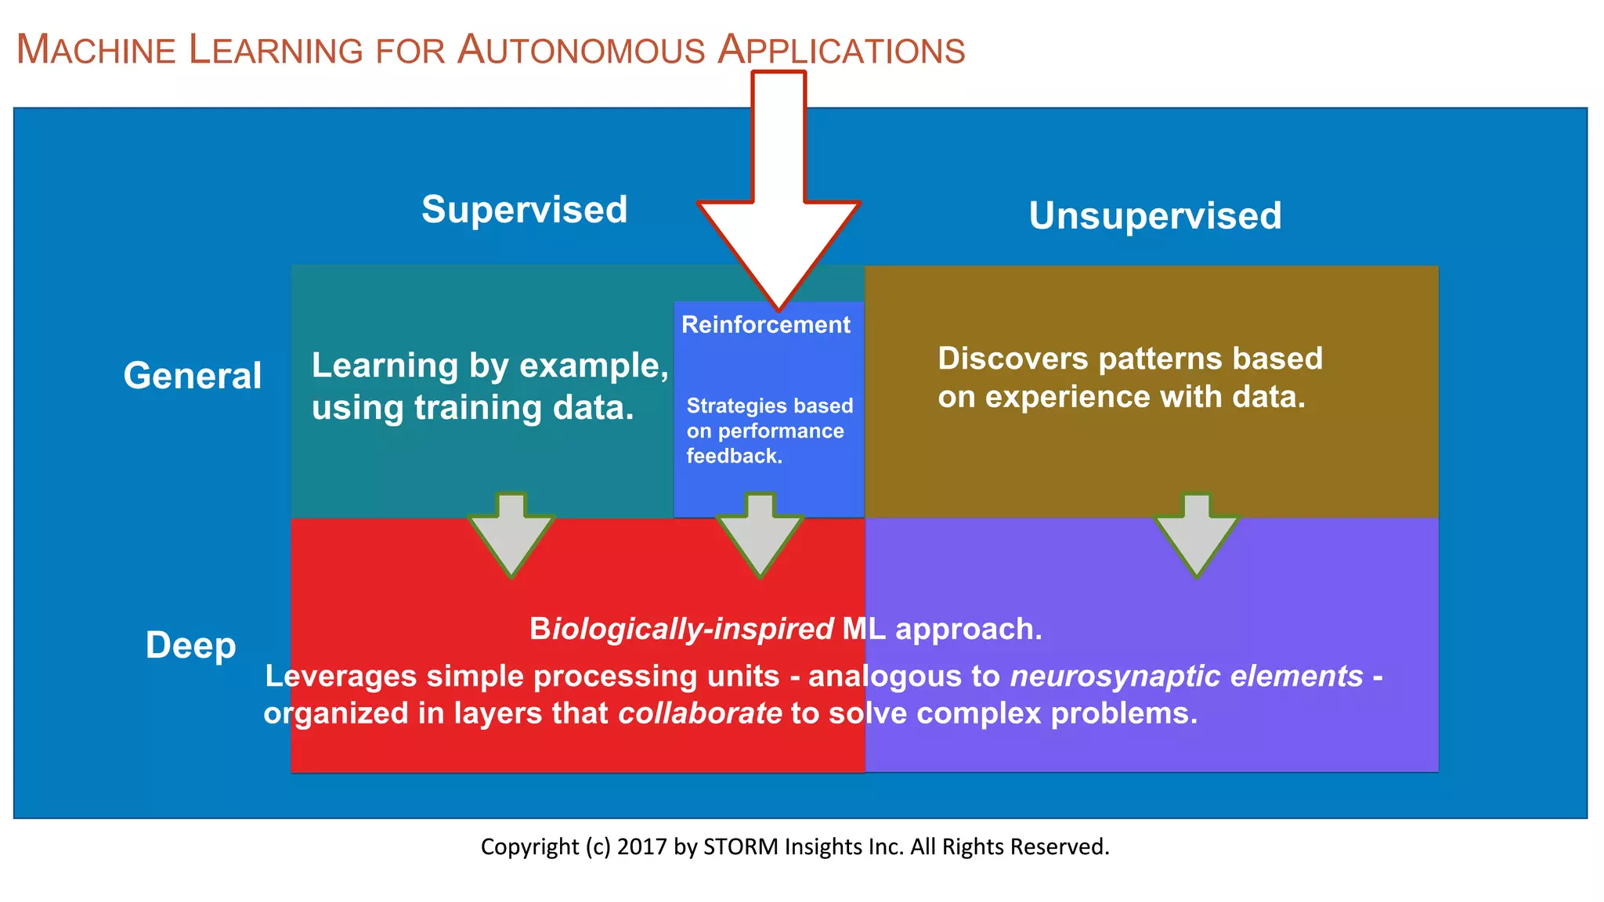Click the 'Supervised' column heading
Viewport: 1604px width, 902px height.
click(x=524, y=210)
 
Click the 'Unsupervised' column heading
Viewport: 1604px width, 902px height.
click(x=1154, y=216)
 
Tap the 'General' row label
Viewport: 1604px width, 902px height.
click(x=192, y=376)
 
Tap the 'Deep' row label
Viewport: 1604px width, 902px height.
click(x=190, y=645)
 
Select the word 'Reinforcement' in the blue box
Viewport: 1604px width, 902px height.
click(x=765, y=325)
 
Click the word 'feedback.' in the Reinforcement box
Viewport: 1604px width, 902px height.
click(x=734, y=456)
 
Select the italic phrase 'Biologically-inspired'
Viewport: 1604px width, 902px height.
click(x=681, y=630)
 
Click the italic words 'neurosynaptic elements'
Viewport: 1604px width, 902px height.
click(x=1186, y=676)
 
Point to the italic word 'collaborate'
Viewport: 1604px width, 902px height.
click(x=699, y=713)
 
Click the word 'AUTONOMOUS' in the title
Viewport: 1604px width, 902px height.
click(x=581, y=50)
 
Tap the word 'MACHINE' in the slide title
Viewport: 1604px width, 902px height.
click(x=96, y=50)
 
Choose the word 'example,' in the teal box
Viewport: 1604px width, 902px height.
click(x=594, y=366)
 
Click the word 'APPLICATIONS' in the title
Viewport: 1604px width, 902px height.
click(x=841, y=50)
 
